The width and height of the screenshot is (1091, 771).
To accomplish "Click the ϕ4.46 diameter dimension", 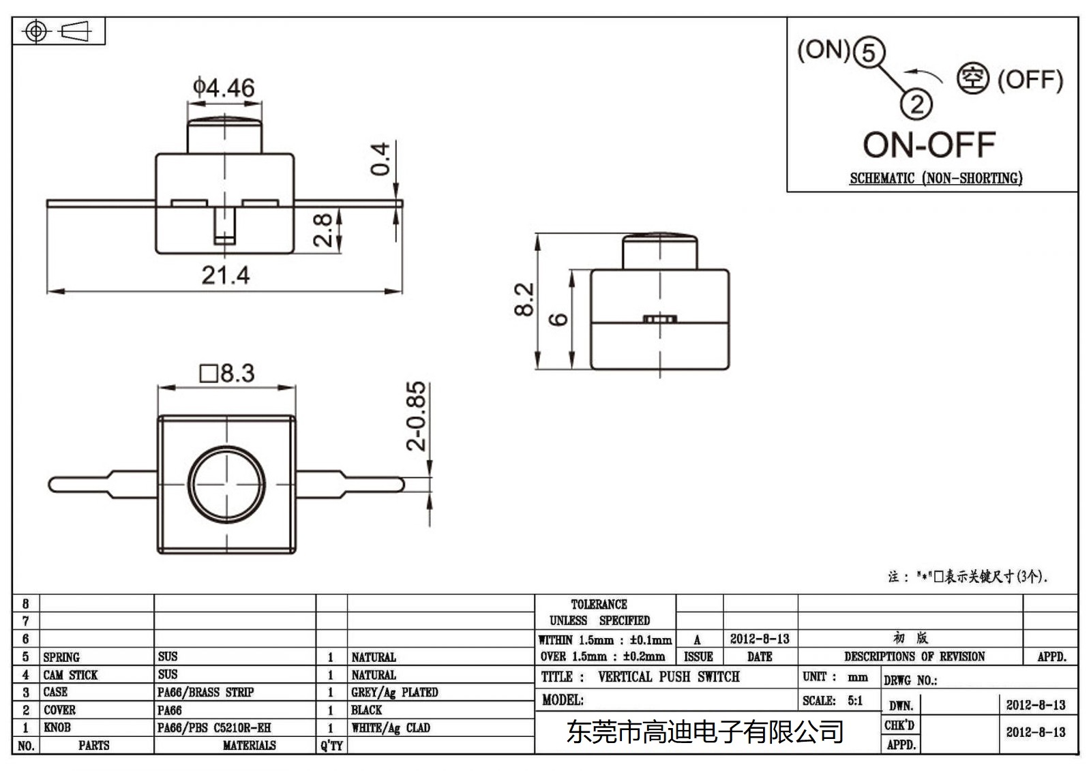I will coord(224,88).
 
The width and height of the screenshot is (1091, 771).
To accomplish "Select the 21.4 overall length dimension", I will coord(225,275).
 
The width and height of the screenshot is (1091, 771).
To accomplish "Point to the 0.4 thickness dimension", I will coord(380,159).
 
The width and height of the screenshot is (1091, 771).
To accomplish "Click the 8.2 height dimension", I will coord(524,299).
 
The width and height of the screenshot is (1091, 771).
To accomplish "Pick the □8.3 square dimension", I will coord(226,374).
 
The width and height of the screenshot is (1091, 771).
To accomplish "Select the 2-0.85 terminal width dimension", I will coord(415,415).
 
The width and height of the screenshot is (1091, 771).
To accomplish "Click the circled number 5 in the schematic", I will coord(868,52).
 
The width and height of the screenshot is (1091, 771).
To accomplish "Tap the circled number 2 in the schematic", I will coord(916,104).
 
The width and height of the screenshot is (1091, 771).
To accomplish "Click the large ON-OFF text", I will coord(929,145).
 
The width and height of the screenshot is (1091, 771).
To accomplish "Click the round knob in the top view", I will coord(226,484).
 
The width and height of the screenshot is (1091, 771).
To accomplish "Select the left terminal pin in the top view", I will coord(102,485).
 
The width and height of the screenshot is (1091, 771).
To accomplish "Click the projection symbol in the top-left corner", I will coord(59,31).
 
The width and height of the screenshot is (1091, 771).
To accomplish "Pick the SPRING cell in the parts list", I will coord(61,657).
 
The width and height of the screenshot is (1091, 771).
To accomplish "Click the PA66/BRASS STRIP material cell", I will coord(205,693).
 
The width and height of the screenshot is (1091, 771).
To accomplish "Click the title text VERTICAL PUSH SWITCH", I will coord(668,677).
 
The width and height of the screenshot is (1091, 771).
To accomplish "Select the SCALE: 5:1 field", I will coord(833,701).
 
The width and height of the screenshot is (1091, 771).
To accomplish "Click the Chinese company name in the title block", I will coord(704,732).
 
